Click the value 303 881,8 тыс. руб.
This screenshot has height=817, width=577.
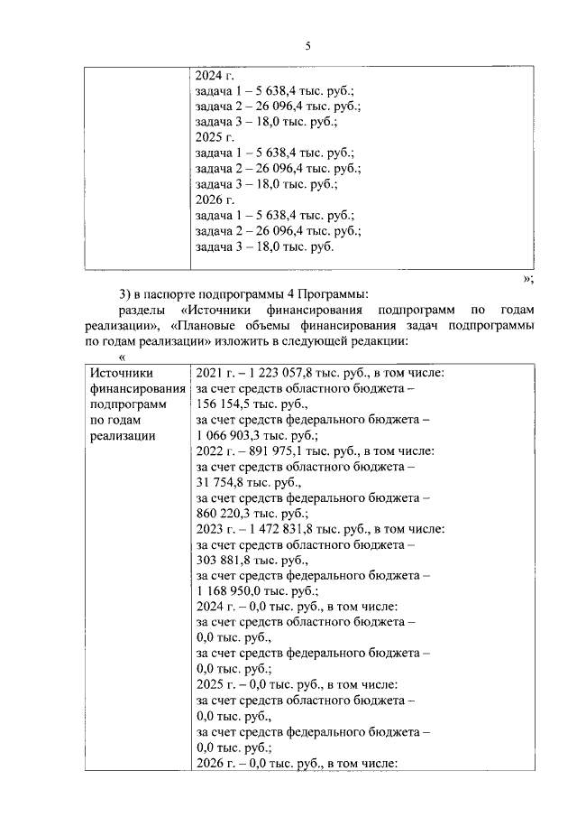(x=243, y=560)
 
